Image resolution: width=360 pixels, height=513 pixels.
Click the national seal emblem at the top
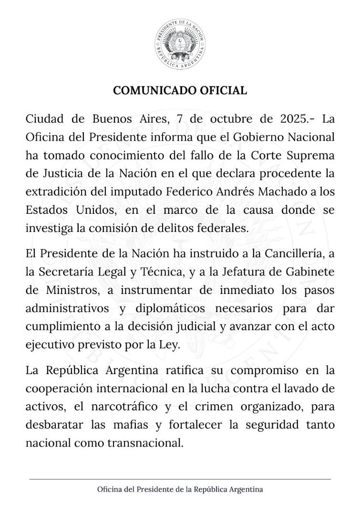click(180, 44)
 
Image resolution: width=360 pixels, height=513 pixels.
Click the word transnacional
click(149, 443)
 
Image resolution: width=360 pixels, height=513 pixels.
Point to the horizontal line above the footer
click(180, 479)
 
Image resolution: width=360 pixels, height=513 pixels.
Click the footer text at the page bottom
click(180, 490)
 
